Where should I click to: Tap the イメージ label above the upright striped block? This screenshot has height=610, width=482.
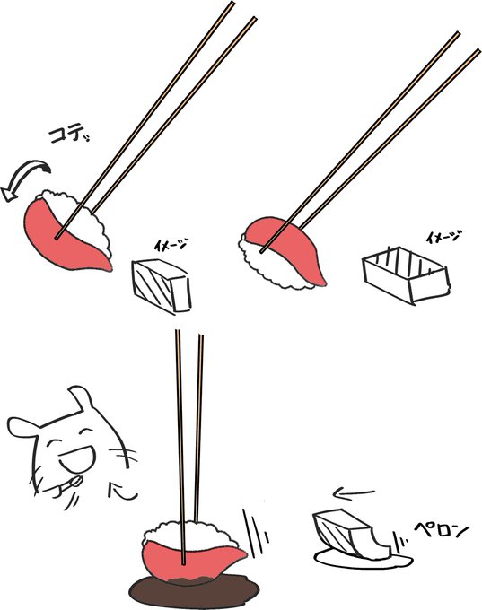tap(170, 245)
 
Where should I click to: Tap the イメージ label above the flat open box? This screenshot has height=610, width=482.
tap(443, 238)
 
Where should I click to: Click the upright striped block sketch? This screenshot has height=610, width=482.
tap(162, 286)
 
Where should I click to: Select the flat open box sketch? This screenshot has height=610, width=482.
tap(406, 274)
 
